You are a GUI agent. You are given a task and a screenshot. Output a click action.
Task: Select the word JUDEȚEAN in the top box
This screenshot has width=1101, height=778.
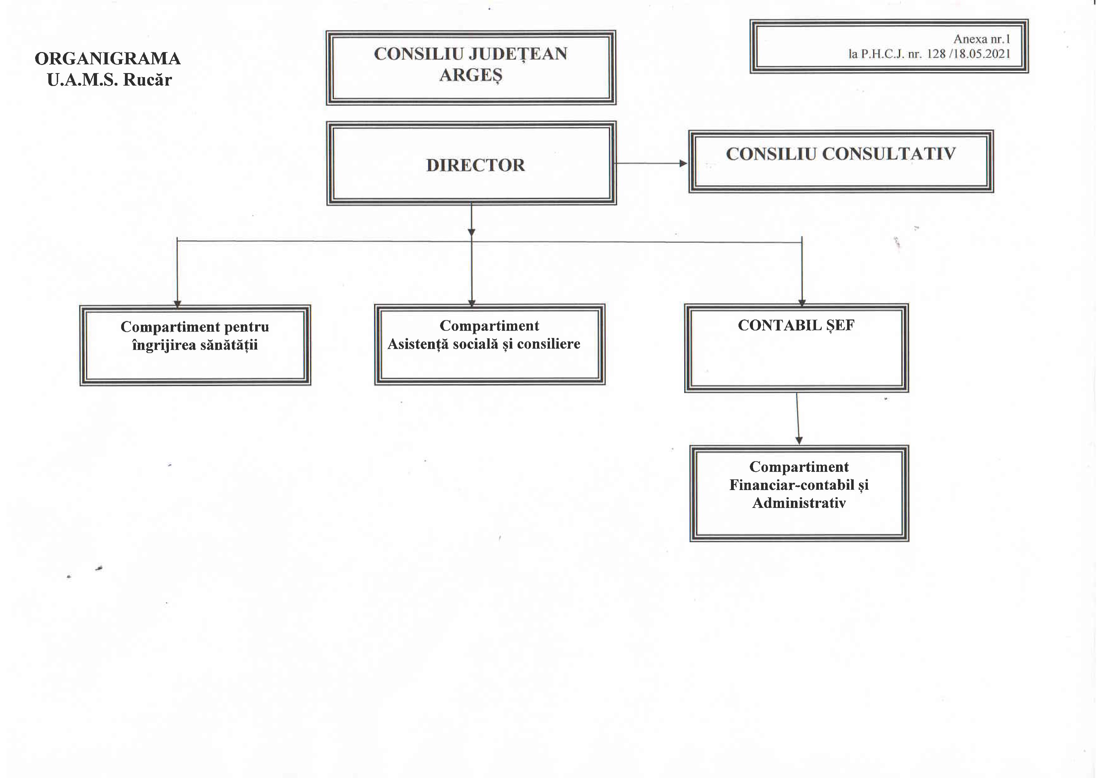coord(518,54)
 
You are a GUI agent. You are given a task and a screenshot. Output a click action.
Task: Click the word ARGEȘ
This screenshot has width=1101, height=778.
coord(470,75)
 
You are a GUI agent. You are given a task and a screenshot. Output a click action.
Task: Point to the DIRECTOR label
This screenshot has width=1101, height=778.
coord(475,165)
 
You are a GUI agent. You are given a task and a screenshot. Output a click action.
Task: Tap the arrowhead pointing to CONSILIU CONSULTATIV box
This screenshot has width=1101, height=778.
coord(683,163)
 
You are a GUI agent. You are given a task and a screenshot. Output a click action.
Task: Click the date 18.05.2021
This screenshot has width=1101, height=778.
coord(981,54)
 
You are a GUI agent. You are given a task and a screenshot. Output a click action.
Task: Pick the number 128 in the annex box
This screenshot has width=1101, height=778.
coord(936,54)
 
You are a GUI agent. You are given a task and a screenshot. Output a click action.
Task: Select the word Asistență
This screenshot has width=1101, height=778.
coord(415,344)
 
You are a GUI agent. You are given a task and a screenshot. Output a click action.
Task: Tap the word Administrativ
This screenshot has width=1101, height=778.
coord(798,503)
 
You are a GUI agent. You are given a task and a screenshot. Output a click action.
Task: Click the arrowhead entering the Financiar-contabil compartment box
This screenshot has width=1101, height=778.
coord(799,440)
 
